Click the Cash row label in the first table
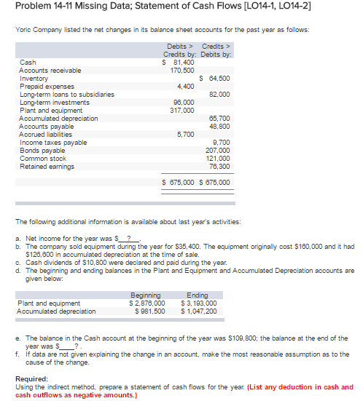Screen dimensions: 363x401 point(26,63)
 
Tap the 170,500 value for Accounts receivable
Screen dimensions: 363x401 point(180,70)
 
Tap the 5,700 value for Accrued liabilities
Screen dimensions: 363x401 point(185,134)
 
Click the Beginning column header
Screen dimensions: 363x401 point(147,295)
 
